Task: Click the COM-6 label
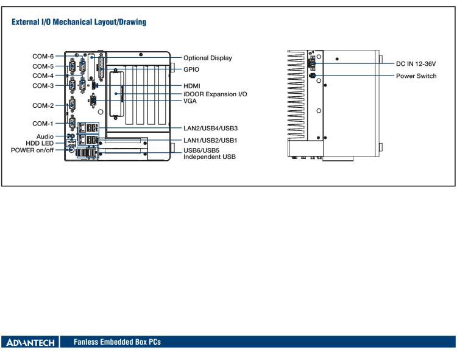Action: pyautogui.click(x=43, y=56)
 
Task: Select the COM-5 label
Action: pyautogui.click(x=43, y=66)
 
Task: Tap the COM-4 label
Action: pyautogui.click(x=43, y=76)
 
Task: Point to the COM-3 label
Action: pyautogui.click(x=43, y=85)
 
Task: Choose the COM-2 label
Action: pyautogui.click(x=43, y=105)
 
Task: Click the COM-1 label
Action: pyautogui.click(x=43, y=124)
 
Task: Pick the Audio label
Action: pyautogui.click(x=46, y=136)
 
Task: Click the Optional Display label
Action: pyautogui.click(x=208, y=58)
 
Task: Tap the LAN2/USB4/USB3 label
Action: pyautogui.click(x=211, y=128)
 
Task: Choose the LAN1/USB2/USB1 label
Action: pyautogui.click(x=210, y=140)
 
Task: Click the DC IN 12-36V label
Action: pyautogui.click(x=416, y=63)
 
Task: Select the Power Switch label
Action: pyautogui.click(x=416, y=76)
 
